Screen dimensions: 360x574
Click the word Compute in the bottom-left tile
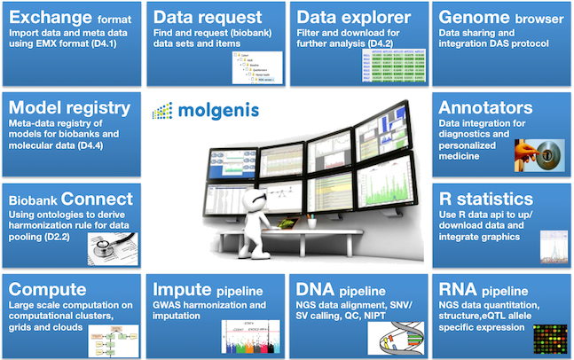(x=46, y=289)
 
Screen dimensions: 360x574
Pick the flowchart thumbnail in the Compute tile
(x=99, y=339)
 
